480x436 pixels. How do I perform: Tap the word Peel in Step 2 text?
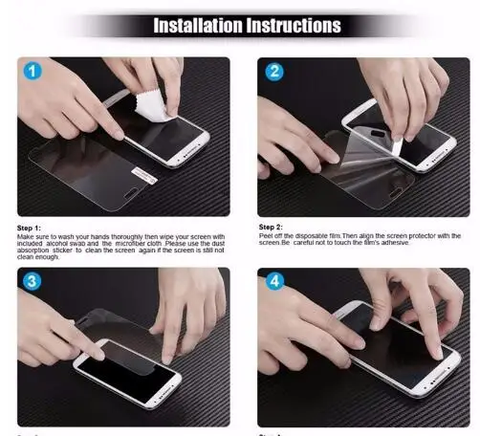(x=267, y=235)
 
